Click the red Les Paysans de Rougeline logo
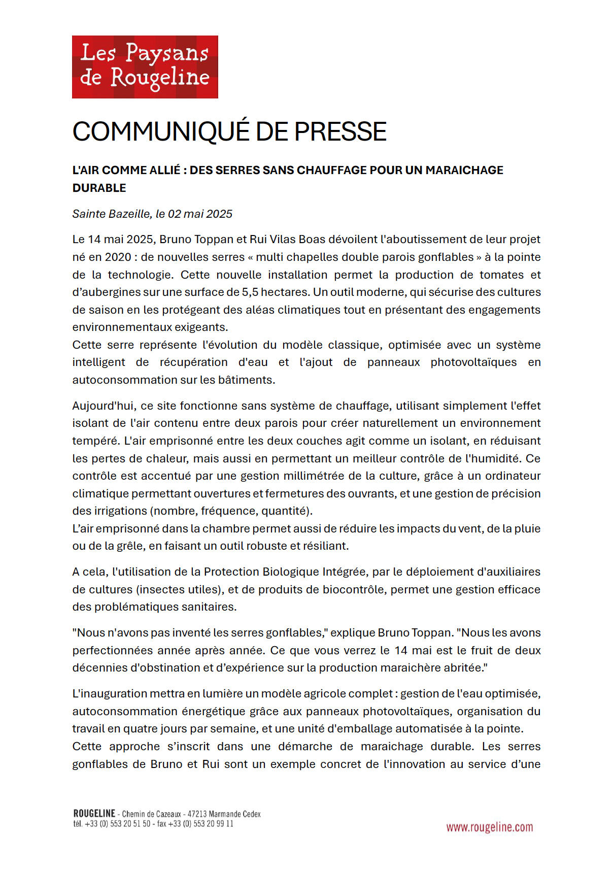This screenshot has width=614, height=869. [x=145, y=66]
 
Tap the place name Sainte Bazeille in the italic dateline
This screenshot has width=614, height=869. [x=112, y=214]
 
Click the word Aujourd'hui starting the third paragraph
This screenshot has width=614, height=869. [x=104, y=406]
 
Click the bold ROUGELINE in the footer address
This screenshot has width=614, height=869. [x=94, y=814]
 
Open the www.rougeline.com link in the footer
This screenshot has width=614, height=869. [x=489, y=827]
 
